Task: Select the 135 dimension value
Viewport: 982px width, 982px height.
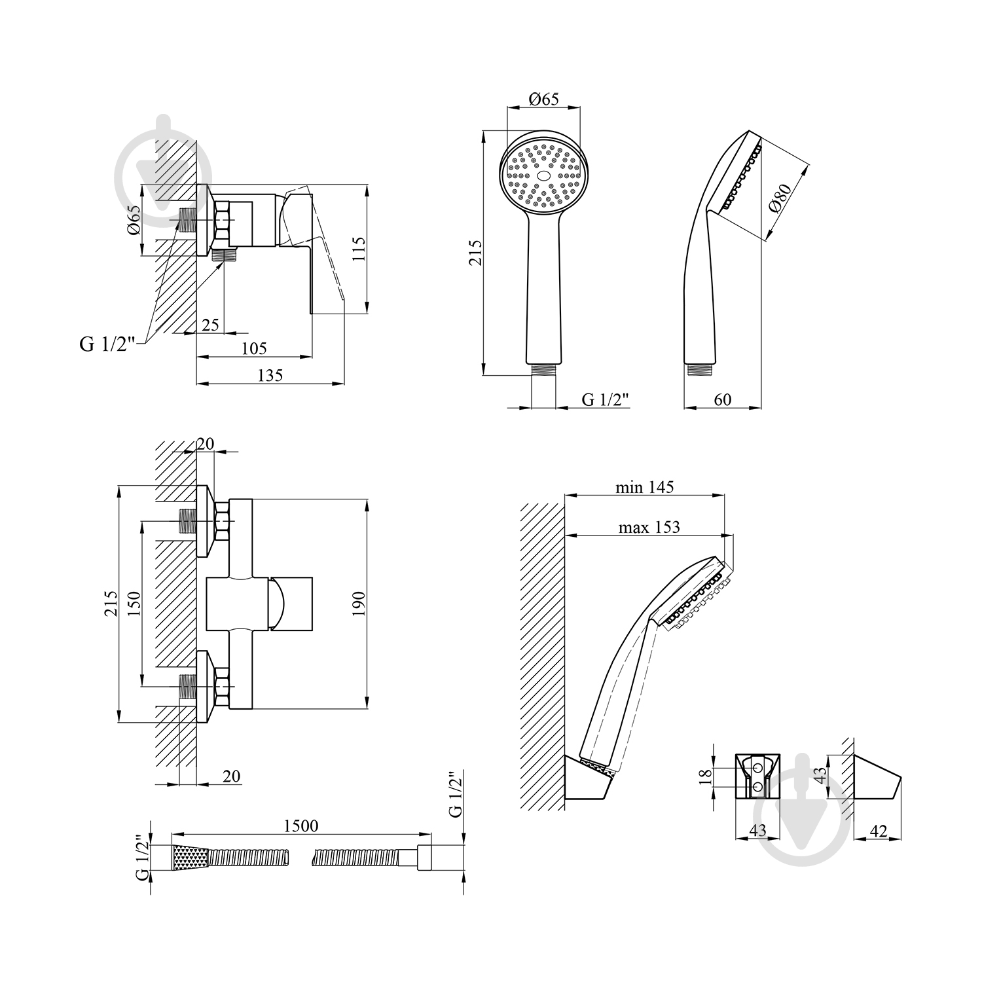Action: point(270,375)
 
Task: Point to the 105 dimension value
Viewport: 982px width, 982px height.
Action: point(254,349)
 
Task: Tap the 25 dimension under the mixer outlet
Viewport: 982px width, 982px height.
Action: point(210,325)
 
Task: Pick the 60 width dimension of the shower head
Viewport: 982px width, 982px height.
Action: point(722,399)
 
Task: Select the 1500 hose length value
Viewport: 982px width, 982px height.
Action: point(300,826)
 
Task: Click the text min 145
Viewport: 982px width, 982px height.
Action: point(644,487)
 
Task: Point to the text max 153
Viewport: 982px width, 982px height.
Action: point(649,527)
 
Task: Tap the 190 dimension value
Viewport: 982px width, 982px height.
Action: point(357,604)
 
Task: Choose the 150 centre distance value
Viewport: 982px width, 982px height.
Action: point(133,604)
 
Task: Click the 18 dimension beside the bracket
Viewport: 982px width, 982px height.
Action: point(706,776)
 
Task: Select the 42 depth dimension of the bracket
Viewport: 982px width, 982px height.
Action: point(879,831)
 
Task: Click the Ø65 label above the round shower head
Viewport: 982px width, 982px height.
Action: point(543,100)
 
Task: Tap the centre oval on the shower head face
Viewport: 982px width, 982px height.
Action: point(543,175)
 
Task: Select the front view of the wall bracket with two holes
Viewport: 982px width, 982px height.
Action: point(757,776)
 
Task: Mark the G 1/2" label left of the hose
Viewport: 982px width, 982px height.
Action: point(139,858)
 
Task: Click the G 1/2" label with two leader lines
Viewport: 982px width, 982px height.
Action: point(107,344)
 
